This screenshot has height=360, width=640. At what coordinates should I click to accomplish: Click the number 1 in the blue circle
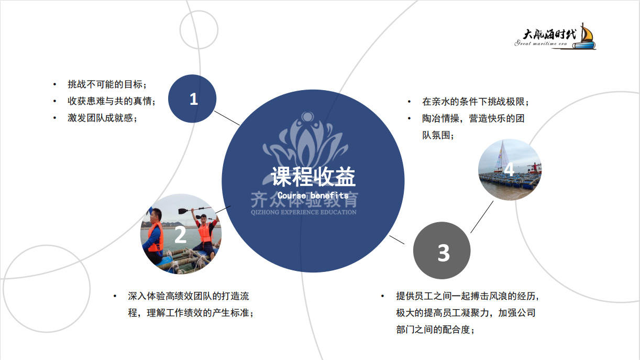click(194, 99)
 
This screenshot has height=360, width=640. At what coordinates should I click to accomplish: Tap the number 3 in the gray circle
click(444, 253)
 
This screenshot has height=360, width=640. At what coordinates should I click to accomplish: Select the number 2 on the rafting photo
click(180, 235)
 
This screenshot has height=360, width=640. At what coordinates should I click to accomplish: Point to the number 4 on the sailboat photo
click(509, 169)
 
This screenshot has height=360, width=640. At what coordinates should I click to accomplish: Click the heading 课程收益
click(313, 177)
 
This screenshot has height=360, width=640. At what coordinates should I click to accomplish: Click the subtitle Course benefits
click(313, 195)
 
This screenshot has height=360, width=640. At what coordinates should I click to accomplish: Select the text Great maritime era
click(541, 43)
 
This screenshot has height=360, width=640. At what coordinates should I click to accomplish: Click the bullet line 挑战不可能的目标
click(107, 84)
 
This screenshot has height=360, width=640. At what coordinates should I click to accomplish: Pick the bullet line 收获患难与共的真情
click(112, 101)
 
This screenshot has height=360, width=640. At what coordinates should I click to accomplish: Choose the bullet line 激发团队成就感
click(103, 118)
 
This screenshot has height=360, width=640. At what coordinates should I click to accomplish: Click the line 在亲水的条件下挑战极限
click(476, 102)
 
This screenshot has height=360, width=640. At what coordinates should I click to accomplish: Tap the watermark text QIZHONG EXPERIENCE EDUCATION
click(304, 212)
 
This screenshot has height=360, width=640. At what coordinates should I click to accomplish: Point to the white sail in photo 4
click(500, 156)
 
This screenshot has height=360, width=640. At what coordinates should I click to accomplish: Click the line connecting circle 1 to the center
click(227, 118)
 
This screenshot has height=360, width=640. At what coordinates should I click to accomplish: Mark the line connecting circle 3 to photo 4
click(482, 217)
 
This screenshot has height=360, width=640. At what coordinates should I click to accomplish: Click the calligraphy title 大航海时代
click(549, 34)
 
